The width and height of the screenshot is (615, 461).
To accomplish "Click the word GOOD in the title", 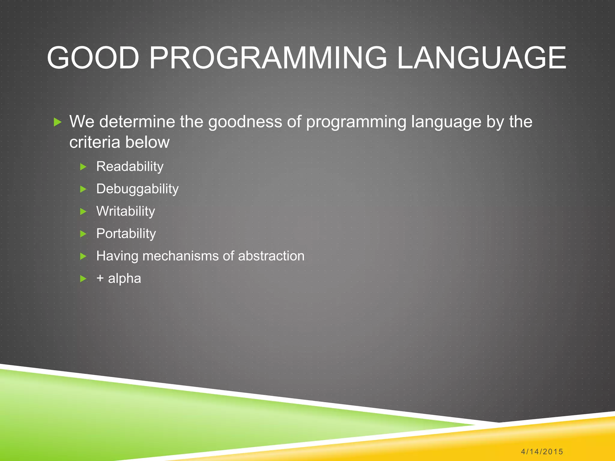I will pos(93,58).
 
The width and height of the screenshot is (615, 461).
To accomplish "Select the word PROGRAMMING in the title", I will pos(268,58).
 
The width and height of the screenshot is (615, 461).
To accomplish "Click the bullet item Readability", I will pos(130,167).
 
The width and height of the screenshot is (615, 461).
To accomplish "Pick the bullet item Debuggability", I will pos(137,189).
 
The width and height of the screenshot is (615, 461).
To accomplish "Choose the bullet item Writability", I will pos(126,211).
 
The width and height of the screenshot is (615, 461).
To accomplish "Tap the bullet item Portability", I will pos(126,234).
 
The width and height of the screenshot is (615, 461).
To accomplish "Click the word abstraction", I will pos(271,256).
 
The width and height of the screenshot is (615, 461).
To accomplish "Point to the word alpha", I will pos(124,279).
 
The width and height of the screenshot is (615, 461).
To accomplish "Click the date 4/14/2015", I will pos(542,451).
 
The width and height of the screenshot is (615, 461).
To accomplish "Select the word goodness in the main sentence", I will pos(245,122).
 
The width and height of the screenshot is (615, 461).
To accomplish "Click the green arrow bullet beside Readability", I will pos(83,167).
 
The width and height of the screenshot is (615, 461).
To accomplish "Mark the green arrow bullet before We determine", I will pos(57,122).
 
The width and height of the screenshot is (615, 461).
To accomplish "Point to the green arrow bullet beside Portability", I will pos(83,234).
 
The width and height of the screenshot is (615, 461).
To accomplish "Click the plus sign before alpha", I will pos(100,279).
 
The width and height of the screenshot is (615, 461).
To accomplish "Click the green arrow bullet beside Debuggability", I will pos(83,189).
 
